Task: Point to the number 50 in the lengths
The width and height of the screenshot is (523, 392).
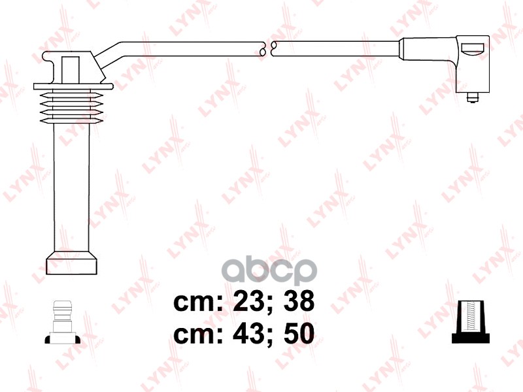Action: coord(295,334)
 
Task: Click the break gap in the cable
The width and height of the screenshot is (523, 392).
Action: coord(267,48)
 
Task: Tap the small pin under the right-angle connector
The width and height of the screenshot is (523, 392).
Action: coord(471,98)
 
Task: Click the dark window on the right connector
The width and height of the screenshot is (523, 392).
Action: coord(472,47)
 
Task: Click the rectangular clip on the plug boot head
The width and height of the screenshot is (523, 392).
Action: coord(71,67)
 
